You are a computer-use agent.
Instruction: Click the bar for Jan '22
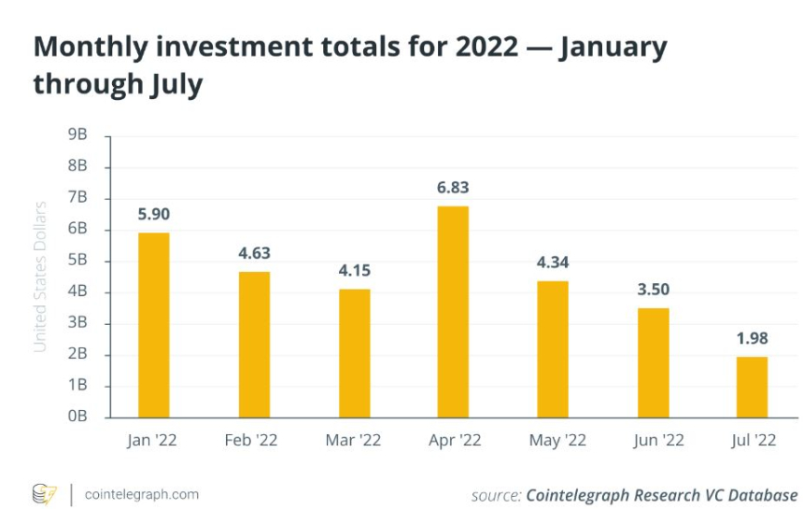click(154, 324)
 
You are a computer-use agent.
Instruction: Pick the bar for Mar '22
click(354, 352)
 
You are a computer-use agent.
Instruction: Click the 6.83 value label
click(453, 188)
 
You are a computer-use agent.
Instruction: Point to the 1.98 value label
click(752, 338)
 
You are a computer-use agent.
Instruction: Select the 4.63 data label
click(254, 253)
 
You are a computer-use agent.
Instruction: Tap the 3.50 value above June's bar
click(653, 290)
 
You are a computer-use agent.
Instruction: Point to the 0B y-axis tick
click(77, 417)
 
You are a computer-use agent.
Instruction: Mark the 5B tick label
click(77, 261)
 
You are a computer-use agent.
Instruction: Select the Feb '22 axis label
click(254, 440)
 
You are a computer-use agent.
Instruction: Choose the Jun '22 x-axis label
click(653, 440)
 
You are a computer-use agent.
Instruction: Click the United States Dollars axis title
click(40, 276)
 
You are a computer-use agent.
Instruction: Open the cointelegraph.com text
click(141, 494)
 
